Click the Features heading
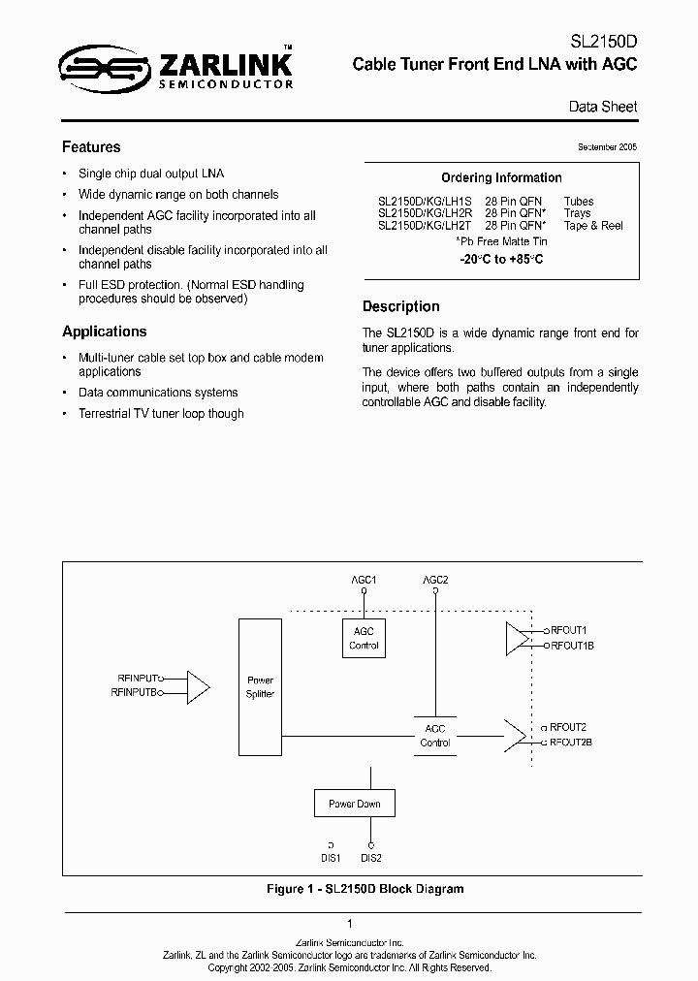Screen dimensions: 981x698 (91, 147)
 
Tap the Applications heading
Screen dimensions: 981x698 (105, 332)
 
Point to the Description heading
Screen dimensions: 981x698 (400, 306)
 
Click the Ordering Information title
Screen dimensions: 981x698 (501, 178)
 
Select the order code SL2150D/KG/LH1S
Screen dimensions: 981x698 (423, 202)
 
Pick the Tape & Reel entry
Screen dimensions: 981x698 (593, 226)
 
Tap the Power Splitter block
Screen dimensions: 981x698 (260, 687)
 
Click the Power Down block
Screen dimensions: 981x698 (354, 804)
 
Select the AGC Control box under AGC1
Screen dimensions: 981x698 (364, 639)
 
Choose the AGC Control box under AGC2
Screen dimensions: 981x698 (434, 736)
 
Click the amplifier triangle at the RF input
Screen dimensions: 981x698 (197, 686)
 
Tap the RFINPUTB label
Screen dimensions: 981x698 (135, 693)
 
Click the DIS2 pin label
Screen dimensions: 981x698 (370, 858)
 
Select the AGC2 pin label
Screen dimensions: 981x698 (435, 581)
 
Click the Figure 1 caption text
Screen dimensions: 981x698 (365, 889)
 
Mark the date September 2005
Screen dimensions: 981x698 (607, 147)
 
